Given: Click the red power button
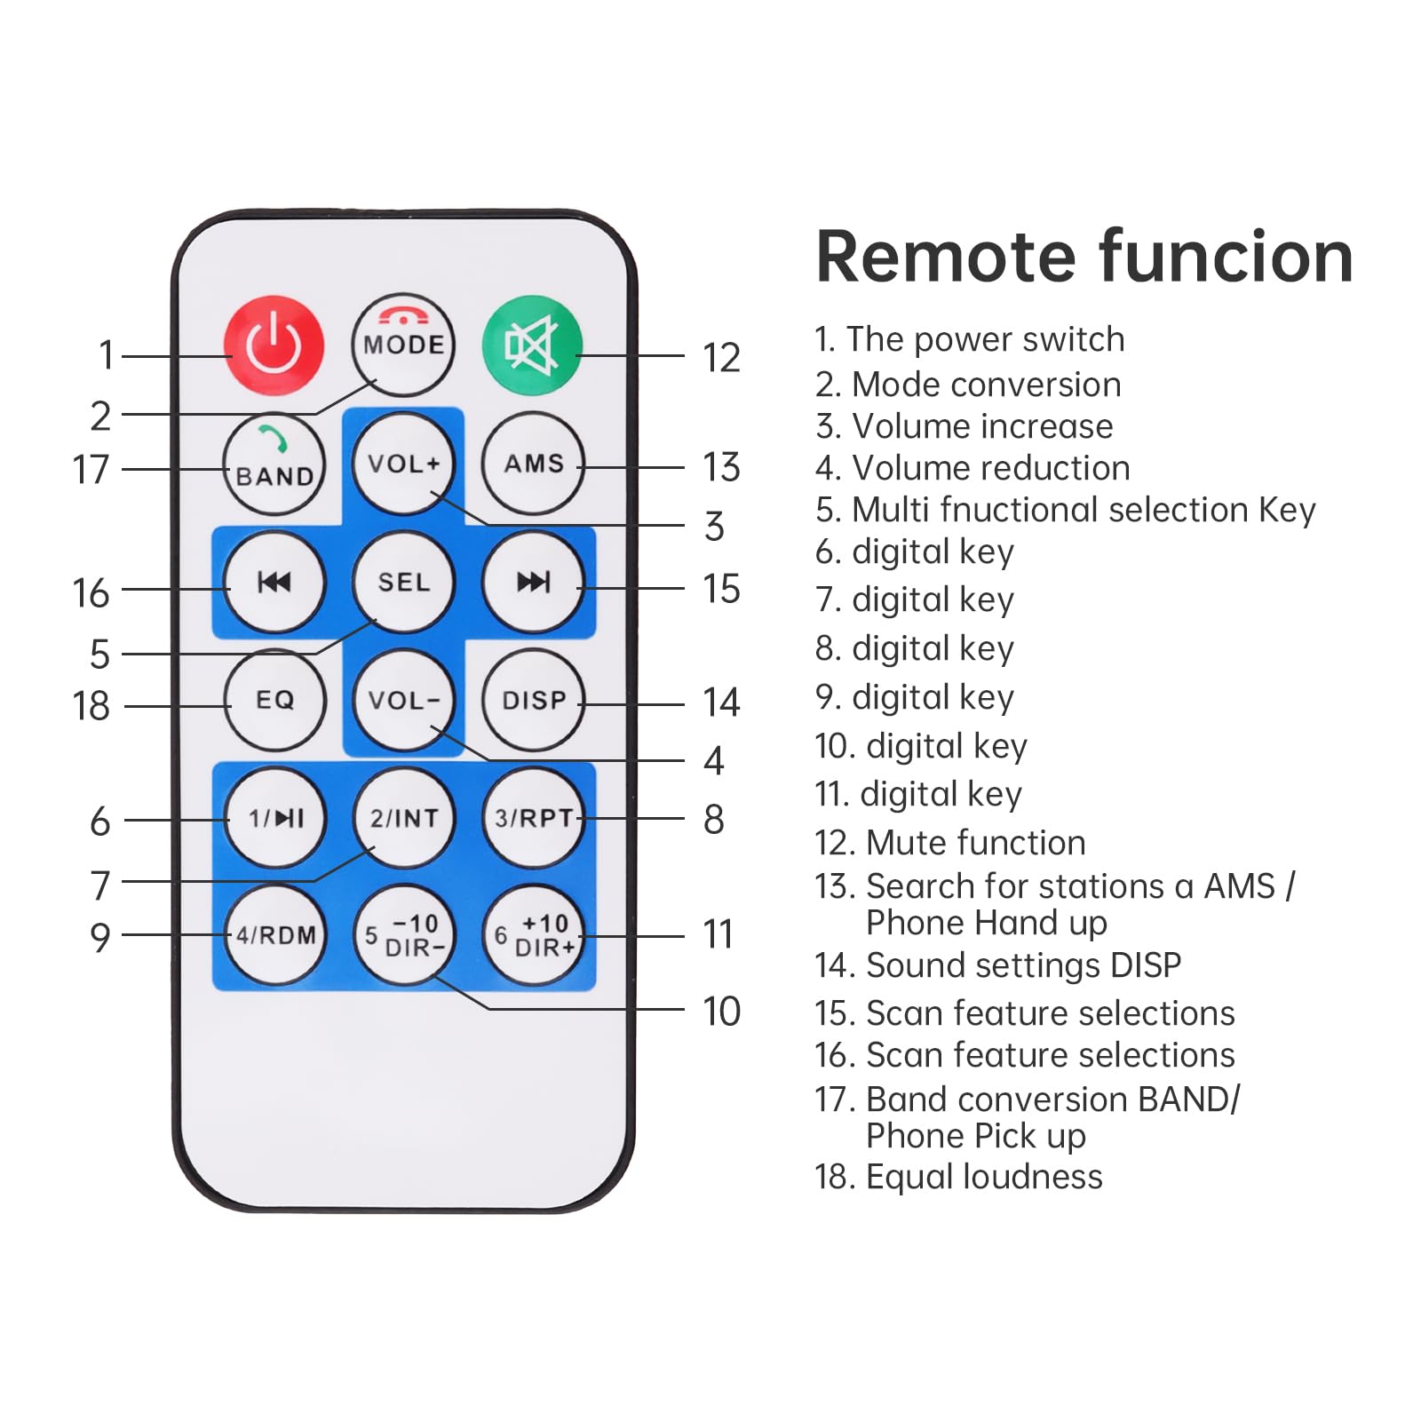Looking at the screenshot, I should click(x=274, y=345).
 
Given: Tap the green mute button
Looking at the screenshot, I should click(x=532, y=345).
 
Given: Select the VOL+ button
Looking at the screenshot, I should click(x=403, y=464).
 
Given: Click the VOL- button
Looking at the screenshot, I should click(x=403, y=700).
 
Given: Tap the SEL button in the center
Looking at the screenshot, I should click(x=403, y=582).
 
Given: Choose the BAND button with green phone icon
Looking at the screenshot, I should click(x=274, y=464).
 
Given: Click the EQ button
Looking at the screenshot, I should click(x=274, y=700).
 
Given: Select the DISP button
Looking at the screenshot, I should click(x=533, y=700).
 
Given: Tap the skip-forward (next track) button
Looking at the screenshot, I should click(x=533, y=582).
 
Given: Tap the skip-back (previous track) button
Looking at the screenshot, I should click(x=274, y=582).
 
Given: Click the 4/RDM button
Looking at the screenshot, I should click(x=275, y=935).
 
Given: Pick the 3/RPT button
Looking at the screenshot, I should click(x=533, y=817).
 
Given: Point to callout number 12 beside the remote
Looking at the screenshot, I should click(x=720, y=358).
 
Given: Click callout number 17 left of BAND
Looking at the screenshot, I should click(x=91, y=469).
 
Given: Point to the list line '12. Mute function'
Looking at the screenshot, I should click(x=949, y=842).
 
